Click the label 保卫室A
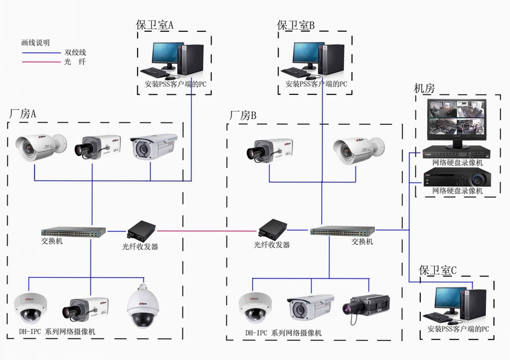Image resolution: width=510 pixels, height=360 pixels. coord(154,25)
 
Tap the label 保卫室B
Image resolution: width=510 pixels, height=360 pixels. coord(296,25)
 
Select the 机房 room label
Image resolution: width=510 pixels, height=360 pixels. coord(424,88)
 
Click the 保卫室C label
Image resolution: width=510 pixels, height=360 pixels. coord(438,270)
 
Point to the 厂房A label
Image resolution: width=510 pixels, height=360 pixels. coord(22,114)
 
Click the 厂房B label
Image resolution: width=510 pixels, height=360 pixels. coord(243,115)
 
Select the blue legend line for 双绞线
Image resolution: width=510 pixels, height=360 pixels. coord(41,53)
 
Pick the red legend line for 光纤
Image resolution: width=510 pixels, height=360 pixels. coord(41,62)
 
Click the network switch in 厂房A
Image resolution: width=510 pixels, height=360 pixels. coord(73,231)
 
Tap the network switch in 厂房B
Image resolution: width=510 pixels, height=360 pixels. coord(342,231)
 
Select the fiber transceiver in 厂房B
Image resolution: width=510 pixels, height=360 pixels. coord(273,230)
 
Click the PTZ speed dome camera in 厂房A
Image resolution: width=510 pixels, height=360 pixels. coord(143,306)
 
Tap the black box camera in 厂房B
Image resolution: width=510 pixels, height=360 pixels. coord(366,307)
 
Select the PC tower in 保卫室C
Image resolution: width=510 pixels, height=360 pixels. coord(474,304)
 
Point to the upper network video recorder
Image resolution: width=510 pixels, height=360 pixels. coord(456,152)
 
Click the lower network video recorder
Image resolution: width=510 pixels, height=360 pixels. coord(457,177)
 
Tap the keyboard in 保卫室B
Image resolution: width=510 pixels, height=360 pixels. coord(294,71)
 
